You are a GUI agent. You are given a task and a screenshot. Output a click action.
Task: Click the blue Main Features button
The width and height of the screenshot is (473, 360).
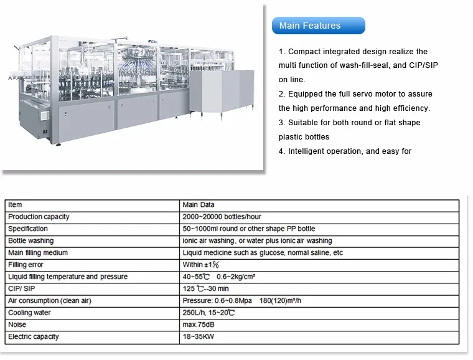coord(318,26)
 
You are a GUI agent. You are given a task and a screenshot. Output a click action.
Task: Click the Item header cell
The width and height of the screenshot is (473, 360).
coord(15,205)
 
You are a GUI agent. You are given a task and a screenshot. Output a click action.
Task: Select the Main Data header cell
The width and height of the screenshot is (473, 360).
coord(198,205)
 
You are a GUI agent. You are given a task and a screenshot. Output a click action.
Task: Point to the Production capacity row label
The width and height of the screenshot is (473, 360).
coord(39,217)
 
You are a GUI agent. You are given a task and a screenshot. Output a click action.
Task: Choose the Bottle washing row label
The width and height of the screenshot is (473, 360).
coord(31,240)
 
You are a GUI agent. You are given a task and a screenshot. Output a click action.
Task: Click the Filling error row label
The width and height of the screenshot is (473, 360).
coord(26,265)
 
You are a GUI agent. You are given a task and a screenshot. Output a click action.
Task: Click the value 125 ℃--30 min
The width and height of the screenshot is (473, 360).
coord(205,288)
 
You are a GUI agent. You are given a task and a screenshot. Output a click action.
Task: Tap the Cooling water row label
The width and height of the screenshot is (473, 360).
coord(29,313)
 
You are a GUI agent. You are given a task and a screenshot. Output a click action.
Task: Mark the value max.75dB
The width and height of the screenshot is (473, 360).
coord(199,324)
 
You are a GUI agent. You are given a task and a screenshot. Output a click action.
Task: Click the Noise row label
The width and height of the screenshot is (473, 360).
coord(17,324)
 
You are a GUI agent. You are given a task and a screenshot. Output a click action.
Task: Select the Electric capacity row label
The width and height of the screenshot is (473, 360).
coord(34,336)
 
